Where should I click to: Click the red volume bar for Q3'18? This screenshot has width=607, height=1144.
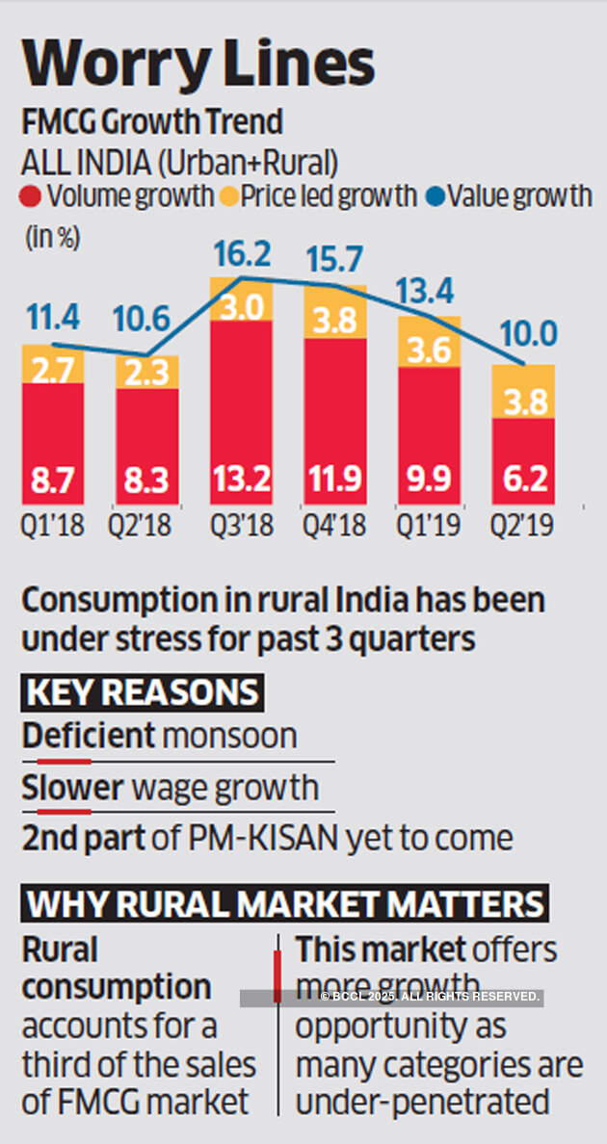242,404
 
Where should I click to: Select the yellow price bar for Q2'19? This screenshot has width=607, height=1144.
522,391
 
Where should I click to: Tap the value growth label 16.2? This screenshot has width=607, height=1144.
242,255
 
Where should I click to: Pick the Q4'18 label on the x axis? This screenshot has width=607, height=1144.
335,526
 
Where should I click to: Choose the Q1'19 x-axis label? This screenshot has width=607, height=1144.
429,526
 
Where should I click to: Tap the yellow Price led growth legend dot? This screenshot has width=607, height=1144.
227,196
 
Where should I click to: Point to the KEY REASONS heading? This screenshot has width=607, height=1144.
143,692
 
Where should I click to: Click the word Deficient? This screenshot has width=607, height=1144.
88,737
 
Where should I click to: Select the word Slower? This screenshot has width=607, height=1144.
73,789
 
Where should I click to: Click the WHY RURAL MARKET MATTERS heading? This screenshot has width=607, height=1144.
285,904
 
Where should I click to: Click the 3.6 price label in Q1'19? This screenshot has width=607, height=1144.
429,351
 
